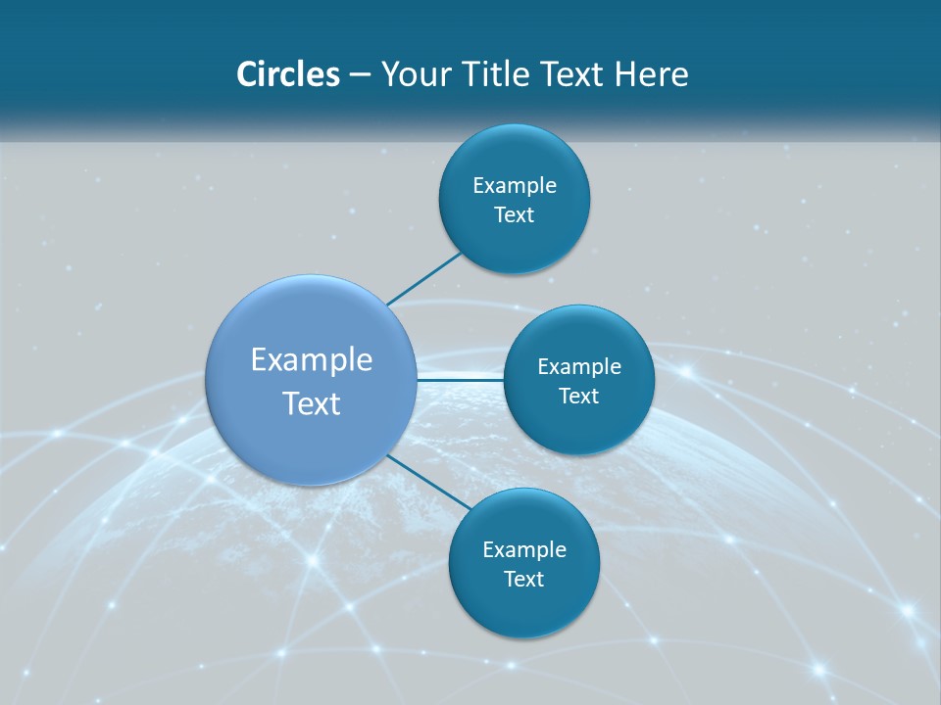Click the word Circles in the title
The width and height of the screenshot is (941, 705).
click(287, 74)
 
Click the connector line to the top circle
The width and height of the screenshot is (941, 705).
click(423, 277)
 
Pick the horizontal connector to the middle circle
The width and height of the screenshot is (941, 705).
click(460, 379)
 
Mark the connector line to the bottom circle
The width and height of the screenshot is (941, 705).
click(428, 482)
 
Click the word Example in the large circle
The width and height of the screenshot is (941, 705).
click(312, 360)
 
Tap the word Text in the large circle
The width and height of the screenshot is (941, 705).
click(312, 403)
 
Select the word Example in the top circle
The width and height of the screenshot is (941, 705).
click(515, 186)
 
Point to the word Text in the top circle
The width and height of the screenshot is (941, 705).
click(515, 215)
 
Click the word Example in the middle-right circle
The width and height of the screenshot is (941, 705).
click(579, 367)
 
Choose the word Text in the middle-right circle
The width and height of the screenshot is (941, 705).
click(579, 397)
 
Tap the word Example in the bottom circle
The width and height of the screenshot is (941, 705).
click(524, 550)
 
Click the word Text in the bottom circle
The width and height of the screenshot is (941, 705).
click(524, 580)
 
